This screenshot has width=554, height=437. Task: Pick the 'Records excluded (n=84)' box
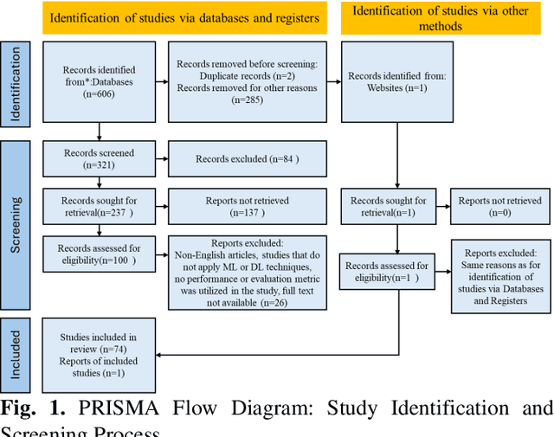click(247, 159)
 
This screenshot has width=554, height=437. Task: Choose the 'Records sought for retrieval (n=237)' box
click(100, 206)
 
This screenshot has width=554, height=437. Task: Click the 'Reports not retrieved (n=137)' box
click(247, 206)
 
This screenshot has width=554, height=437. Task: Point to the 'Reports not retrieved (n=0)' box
click(500, 206)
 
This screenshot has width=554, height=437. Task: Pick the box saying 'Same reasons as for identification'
click(500, 273)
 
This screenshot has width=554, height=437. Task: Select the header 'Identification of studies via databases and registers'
click(184, 17)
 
